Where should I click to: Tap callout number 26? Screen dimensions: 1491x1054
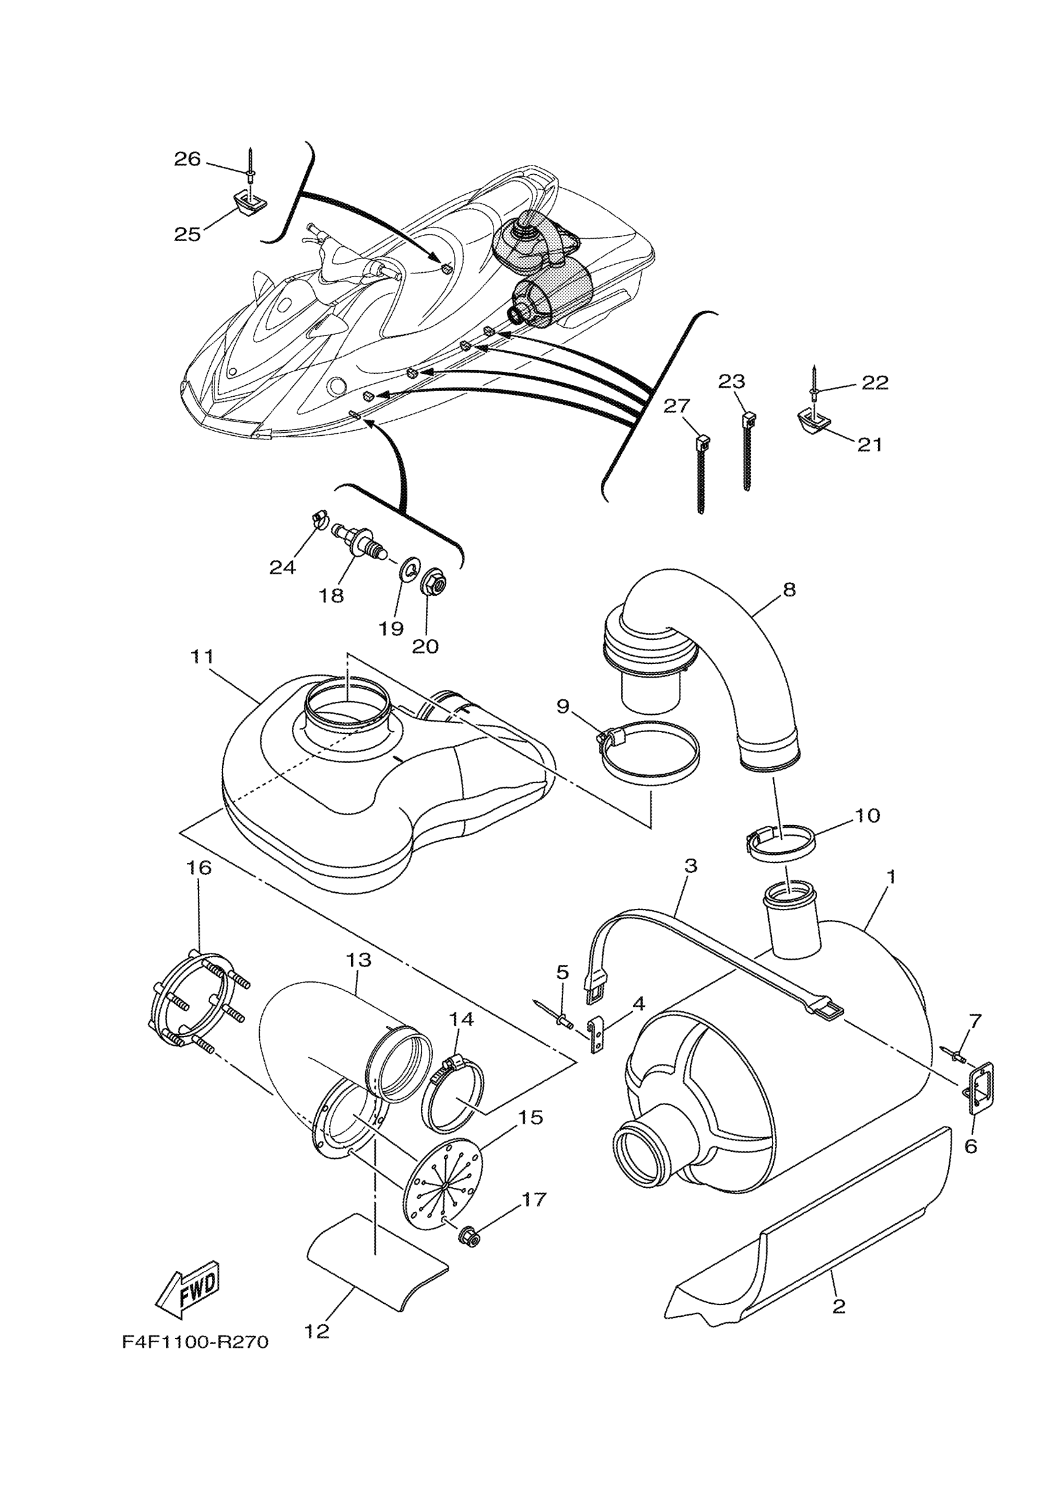[187, 159]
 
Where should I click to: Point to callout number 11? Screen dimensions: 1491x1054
[202, 657]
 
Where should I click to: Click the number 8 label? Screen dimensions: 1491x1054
[789, 590]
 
